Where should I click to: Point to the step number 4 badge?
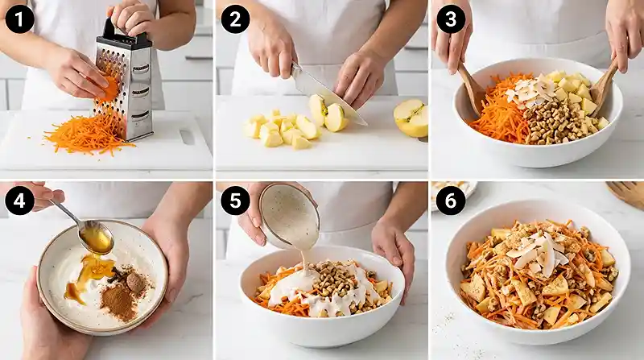(x=18, y=201)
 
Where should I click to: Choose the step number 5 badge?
(x=234, y=201)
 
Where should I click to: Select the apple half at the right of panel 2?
(x=411, y=118)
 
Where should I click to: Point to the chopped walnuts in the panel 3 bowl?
(x=553, y=122)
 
